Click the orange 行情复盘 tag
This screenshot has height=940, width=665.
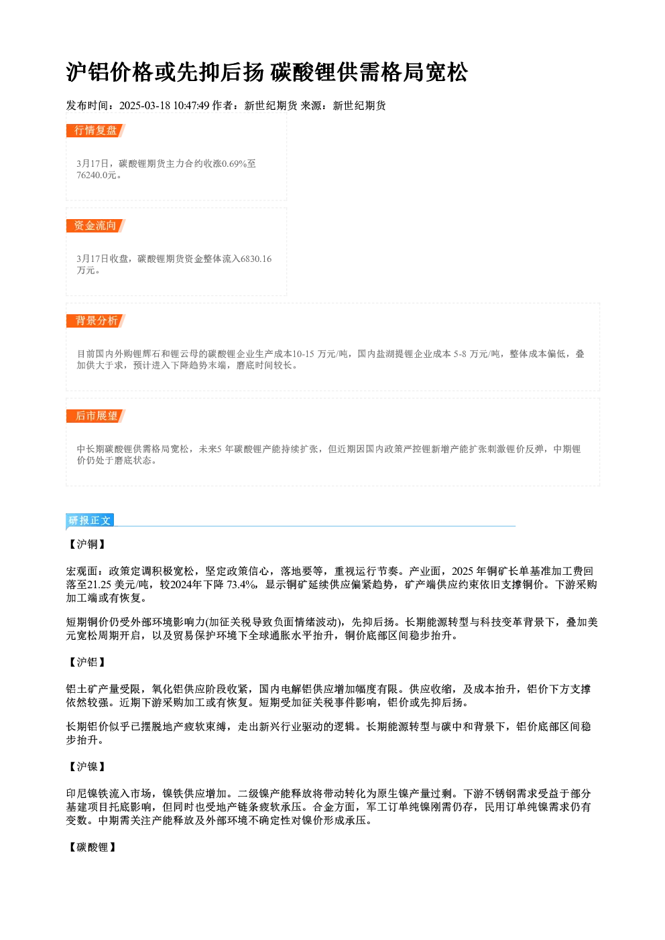pos(95,131)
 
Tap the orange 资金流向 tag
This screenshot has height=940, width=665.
pos(95,226)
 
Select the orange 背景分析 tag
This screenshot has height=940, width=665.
pos(95,321)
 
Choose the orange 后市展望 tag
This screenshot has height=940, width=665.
pos(95,416)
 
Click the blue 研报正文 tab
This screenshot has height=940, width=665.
pos(90,521)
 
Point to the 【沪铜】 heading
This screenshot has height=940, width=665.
pos(87,544)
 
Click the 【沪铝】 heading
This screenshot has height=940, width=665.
pos(87,662)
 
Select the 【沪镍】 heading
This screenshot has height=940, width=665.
pos(87,766)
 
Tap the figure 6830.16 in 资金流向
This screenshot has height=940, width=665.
pos(256,259)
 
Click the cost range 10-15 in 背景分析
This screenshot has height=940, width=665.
pos(303,354)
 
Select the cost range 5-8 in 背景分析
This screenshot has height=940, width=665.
pos(460,354)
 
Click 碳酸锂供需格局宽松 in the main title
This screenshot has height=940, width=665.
pos(369,72)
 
